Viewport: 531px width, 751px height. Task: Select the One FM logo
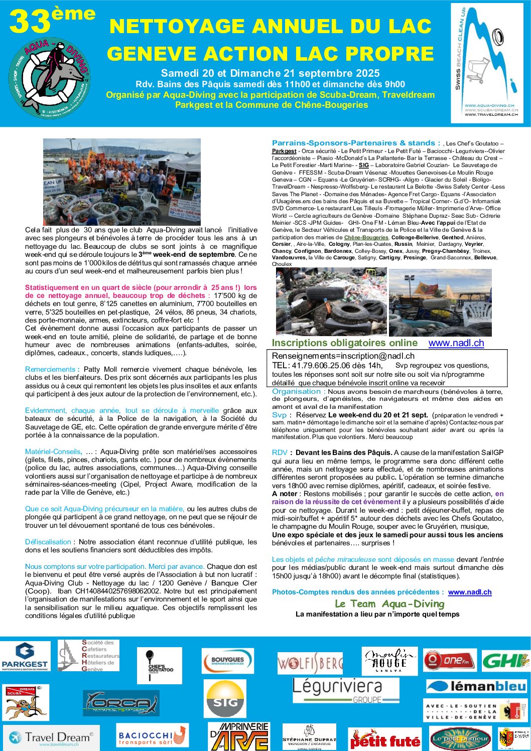[x=449, y=660]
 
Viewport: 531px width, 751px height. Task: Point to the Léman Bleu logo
[x=476, y=686]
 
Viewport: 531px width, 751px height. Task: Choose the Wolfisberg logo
[x=310, y=663]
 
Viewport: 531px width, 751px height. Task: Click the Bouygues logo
[x=227, y=661]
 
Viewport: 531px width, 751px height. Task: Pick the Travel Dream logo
[x=51, y=737]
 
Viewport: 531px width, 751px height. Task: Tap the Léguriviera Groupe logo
[x=345, y=690]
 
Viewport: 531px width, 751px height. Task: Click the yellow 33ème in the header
[x=52, y=21]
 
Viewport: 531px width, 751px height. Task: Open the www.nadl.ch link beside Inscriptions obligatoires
[x=456, y=343]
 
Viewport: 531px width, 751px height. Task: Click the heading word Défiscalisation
[x=48, y=542]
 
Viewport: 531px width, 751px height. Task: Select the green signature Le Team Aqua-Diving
[x=389, y=604]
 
